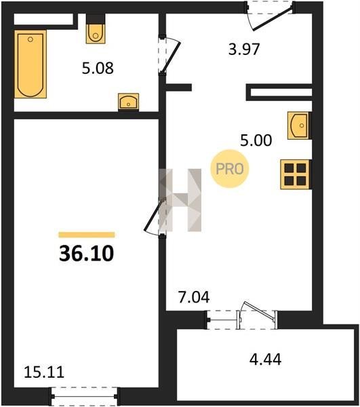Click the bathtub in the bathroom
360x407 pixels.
(x=31, y=64)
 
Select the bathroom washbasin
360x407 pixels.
(x=128, y=102)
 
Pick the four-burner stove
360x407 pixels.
(x=296, y=174)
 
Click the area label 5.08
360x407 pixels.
(x=98, y=69)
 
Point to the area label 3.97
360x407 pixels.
(x=244, y=50)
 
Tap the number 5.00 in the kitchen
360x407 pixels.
(x=256, y=140)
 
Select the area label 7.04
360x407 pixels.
(x=194, y=297)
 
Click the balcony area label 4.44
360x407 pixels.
(x=265, y=360)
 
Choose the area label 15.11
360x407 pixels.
(x=44, y=372)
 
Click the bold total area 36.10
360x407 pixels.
(x=87, y=254)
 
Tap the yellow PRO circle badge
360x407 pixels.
(x=230, y=169)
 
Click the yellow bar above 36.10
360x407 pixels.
(x=87, y=235)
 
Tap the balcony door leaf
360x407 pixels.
(x=260, y=310)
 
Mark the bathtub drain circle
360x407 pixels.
(x=31, y=39)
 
